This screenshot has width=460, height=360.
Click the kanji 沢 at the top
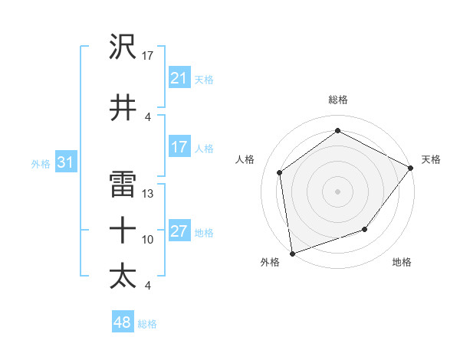[123, 47]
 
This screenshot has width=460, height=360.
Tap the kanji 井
[123, 107]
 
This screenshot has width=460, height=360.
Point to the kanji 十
[123, 230]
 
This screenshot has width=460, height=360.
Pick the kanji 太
[123, 276]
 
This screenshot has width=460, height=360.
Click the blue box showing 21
[179, 78]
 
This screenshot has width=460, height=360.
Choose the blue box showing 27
[179, 232]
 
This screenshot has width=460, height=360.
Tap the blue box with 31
[65, 162]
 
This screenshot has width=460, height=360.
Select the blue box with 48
[123, 322]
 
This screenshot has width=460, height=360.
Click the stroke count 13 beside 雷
[148, 194]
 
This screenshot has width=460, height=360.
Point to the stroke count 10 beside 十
[148, 240]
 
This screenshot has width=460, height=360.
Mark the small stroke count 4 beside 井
[148, 116]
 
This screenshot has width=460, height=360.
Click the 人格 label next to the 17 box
[204, 148]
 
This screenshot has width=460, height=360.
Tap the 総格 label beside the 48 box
[147, 324]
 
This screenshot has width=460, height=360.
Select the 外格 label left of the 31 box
[40, 163]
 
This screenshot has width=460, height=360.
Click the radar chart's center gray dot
[337, 191]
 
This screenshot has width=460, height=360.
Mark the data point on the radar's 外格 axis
[292, 253]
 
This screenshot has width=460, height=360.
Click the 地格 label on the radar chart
[402, 263]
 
